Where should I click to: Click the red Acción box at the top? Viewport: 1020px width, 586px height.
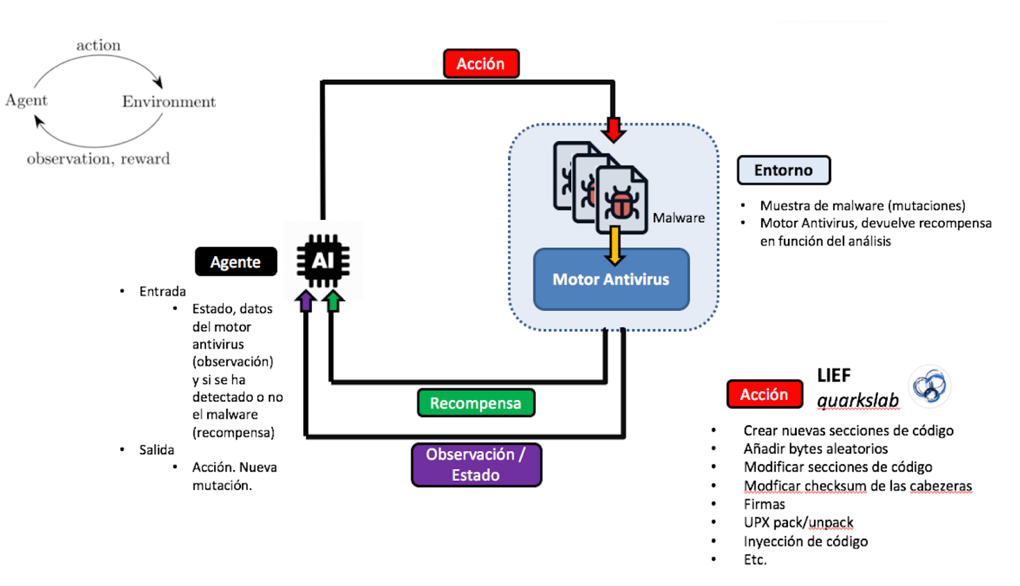(481, 64)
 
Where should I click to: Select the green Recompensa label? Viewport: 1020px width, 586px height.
(476, 403)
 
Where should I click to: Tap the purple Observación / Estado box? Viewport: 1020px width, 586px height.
(476, 465)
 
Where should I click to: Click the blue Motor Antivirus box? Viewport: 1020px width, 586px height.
(611, 280)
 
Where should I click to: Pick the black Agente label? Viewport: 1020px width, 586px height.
(235, 262)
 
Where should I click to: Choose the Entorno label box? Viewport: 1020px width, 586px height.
(783, 170)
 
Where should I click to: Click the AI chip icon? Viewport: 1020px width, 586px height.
(323, 261)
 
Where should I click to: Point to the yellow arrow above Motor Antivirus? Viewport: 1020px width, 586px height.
(615, 245)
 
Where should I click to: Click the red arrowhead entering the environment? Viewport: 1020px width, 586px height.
(613, 130)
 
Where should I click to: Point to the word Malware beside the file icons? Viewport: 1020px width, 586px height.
(678, 218)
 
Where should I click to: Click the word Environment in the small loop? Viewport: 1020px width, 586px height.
(169, 102)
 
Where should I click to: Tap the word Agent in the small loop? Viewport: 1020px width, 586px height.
(26, 100)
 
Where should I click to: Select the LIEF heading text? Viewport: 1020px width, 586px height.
(834, 376)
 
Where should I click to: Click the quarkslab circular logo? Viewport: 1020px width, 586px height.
(929, 386)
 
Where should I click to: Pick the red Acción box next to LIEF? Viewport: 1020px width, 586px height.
(764, 394)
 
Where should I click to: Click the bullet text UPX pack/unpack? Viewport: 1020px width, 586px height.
(798, 523)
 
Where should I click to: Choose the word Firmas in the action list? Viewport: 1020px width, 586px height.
(764, 504)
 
